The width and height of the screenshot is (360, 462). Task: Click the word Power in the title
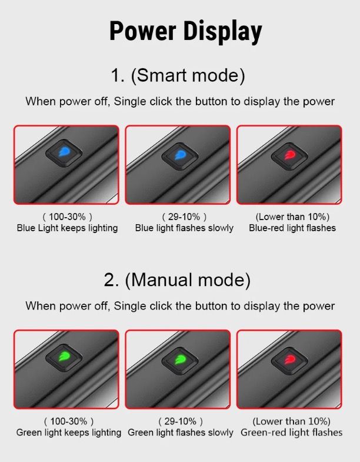(142, 31)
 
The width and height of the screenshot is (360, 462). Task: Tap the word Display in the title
(223, 32)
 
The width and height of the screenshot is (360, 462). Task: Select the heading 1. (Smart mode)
(178, 75)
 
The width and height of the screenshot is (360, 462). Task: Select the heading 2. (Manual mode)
(177, 280)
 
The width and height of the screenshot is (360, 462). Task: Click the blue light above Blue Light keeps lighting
(64, 151)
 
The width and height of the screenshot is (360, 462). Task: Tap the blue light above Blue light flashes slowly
(179, 155)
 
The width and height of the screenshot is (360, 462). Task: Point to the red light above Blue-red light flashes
(290, 155)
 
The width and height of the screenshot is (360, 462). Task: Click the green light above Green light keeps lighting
(64, 356)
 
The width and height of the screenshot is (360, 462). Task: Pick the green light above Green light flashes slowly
(179, 360)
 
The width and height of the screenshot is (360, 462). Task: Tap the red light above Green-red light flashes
(290, 360)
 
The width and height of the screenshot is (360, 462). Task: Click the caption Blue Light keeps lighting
(67, 228)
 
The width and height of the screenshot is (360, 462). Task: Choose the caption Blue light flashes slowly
(184, 228)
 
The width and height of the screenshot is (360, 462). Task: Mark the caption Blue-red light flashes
(292, 228)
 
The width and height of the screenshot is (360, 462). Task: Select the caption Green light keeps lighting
(69, 433)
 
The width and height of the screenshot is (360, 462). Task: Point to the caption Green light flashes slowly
(181, 433)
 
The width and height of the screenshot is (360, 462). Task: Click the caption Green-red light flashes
(292, 433)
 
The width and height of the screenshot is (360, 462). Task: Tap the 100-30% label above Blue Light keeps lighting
(68, 217)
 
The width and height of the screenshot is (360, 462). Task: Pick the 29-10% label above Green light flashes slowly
(181, 421)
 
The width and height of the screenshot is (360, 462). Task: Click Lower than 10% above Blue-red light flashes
(292, 217)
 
